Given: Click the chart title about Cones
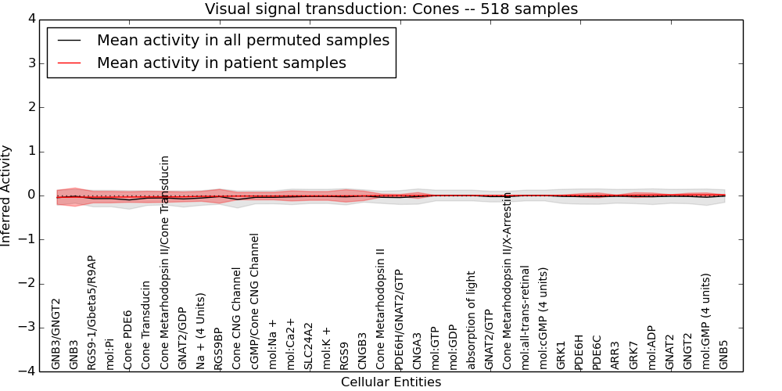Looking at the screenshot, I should (391, 9).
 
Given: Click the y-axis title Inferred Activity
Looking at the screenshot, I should (7, 195).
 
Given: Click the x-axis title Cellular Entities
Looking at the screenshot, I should (391, 382).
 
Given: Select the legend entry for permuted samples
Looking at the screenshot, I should (242, 41).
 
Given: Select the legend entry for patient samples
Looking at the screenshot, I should (221, 63).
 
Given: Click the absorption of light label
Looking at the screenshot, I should (472, 320).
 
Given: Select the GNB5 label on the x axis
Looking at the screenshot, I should (724, 354).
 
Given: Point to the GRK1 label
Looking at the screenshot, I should (561, 354).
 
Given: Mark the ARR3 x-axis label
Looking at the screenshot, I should (615, 354).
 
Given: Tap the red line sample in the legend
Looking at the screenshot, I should (70, 63).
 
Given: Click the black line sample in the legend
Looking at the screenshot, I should (70, 41).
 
